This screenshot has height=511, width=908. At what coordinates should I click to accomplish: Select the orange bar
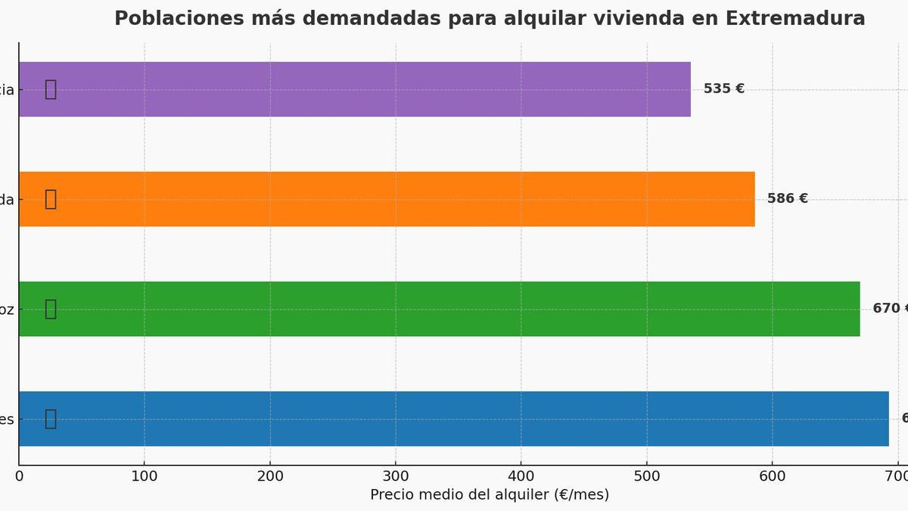(386, 199)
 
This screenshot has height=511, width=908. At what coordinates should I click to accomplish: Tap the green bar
(439, 309)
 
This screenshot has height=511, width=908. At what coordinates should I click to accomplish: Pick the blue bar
(454, 419)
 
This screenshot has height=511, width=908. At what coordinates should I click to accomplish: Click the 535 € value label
(723, 89)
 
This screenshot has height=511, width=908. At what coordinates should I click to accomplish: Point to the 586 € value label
(787, 198)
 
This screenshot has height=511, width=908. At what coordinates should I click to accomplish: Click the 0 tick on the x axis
(19, 476)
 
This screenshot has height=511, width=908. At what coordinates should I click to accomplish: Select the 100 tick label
(145, 476)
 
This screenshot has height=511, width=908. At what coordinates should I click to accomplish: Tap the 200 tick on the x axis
(270, 476)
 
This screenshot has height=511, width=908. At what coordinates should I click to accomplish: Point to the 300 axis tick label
(396, 476)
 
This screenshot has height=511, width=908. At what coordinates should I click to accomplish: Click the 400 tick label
(521, 476)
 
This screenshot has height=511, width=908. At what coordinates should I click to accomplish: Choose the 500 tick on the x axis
(647, 476)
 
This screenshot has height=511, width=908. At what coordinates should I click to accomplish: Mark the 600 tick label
(773, 476)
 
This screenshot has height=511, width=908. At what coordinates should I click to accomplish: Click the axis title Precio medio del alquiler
(489, 494)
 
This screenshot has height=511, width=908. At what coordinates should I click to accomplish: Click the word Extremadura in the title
(795, 18)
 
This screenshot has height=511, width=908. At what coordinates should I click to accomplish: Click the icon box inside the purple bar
(51, 89)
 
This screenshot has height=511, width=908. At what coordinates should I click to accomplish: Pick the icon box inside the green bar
(51, 309)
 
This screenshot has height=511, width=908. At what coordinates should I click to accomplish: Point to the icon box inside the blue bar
(51, 419)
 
